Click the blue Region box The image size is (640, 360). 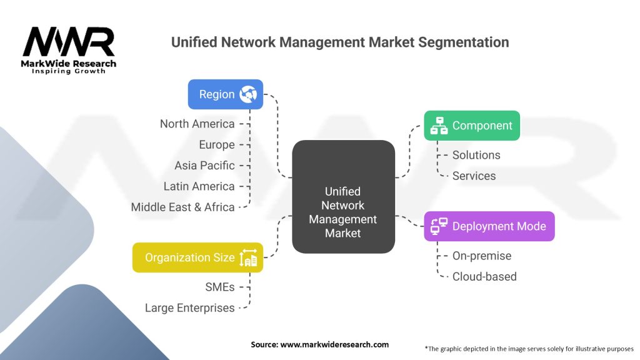[x=225, y=94]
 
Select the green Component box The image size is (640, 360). [x=471, y=126]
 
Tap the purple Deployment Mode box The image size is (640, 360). [x=489, y=226]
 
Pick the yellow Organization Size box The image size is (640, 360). [x=197, y=257]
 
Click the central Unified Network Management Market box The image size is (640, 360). [x=343, y=197]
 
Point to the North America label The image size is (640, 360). [x=197, y=124]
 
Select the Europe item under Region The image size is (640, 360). [x=217, y=144]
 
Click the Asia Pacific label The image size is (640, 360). [x=204, y=166]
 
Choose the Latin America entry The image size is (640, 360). [x=199, y=186]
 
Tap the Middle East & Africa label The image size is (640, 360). [x=182, y=207]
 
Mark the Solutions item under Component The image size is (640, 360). [x=476, y=155]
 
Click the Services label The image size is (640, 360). [x=474, y=176]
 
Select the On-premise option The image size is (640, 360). [x=481, y=256]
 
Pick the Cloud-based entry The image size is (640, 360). [x=484, y=276]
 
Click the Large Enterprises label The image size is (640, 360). [x=189, y=307]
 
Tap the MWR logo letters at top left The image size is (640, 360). [x=69, y=42]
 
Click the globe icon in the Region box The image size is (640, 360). [x=248, y=94]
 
